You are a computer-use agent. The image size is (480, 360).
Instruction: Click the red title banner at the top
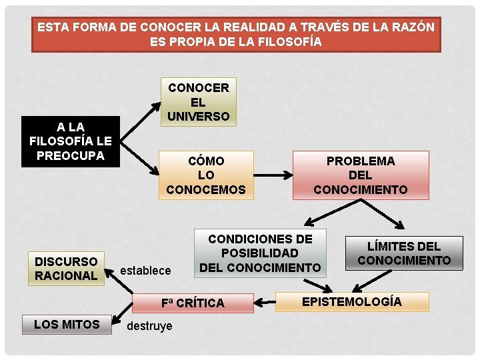click(x=236, y=35)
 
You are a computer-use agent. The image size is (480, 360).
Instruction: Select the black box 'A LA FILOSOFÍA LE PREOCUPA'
click(x=70, y=141)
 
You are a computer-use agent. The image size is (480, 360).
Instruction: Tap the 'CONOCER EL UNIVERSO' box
click(x=198, y=102)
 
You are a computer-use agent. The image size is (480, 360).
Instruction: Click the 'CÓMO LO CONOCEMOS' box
click(x=206, y=175)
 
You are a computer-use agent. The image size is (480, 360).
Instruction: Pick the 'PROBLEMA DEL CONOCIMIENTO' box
click(x=360, y=175)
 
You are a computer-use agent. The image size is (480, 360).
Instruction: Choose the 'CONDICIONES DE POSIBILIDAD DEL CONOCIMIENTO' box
click(x=260, y=253)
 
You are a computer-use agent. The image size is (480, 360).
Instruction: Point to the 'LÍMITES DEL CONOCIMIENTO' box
click(x=404, y=253)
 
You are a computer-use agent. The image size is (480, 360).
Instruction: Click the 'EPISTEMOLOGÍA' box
click(x=352, y=301)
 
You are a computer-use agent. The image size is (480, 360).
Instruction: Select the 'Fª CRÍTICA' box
click(x=193, y=303)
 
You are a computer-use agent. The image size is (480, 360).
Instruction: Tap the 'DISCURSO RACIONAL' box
click(x=66, y=269)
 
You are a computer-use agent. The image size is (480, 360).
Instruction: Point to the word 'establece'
click(x=145, y=270)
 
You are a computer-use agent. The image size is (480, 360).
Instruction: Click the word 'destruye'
click(x=149, y=326)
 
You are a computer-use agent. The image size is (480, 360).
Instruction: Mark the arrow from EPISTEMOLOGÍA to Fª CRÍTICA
click(x=275, y=303)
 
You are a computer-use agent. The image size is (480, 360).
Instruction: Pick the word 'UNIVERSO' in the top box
click(x=198, y=117)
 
